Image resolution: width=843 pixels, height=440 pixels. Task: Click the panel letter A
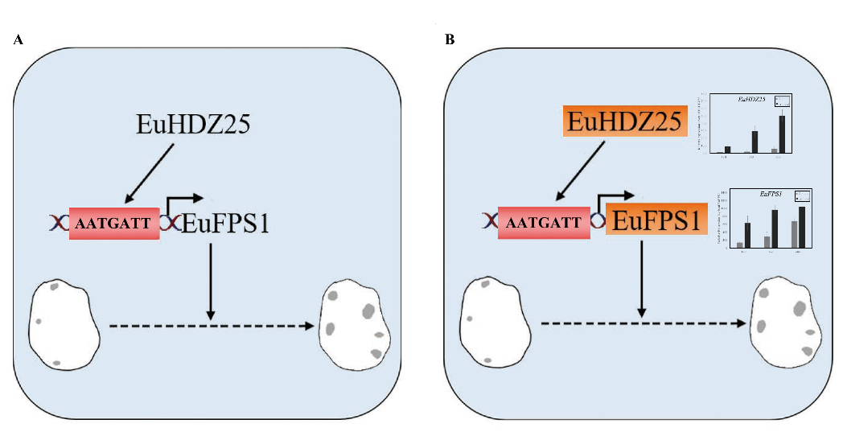click(x=17, y=39)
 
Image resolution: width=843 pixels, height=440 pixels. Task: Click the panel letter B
click(x=449, y=39)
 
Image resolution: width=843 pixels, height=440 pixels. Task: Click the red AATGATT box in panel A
click(x=113, y=224)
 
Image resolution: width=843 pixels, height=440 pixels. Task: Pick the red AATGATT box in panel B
click(x=544, y=223)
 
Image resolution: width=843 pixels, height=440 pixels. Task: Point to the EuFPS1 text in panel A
click(x=225, y=223)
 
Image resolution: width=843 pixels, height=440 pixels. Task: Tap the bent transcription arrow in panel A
click(x=180, y=202)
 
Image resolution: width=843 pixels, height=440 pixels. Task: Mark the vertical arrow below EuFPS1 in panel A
click(x=210, y=278)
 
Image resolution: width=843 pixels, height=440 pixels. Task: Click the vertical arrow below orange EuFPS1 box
click(x=641, y=274)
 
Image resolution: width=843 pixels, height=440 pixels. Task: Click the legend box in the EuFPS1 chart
click(x=801, y=195)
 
